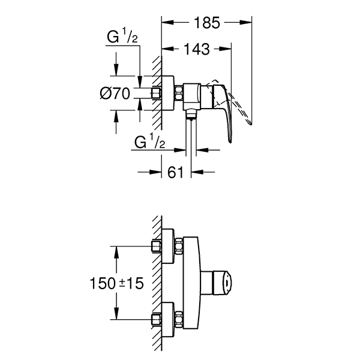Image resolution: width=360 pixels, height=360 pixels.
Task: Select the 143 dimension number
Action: click(x=197, y=50)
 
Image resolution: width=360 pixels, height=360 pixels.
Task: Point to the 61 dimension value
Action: click(x=175, y=173)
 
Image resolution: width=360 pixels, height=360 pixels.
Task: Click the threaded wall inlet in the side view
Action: click(x=157, y=93)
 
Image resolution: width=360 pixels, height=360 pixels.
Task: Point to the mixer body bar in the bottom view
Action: click(x=190, y=282)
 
